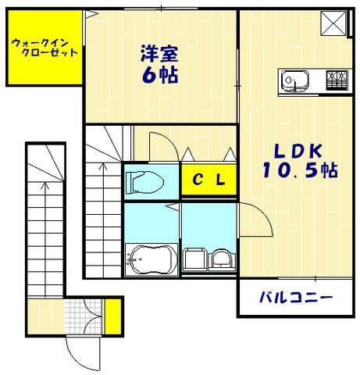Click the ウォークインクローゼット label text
click(x=45, y=48)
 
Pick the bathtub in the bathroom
click(x=151, y=258)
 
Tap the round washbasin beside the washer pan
click(x=220, y=260)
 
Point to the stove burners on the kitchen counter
click(x=337, y=79)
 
